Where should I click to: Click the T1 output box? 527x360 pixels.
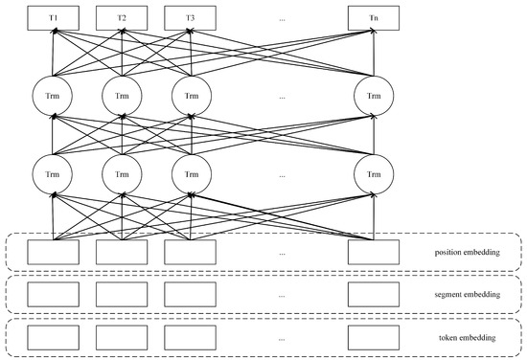tap(54, 18)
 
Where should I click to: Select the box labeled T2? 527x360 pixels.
tap(122, 18)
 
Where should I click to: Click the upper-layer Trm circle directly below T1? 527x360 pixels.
tap(54, 97)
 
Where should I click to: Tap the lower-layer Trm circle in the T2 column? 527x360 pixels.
tap(122, 174)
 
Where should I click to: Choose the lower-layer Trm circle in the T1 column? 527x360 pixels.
tap(54, 174)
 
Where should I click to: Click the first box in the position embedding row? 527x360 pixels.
tap(54, 253)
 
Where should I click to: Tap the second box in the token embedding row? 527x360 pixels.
tap(122, 338)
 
